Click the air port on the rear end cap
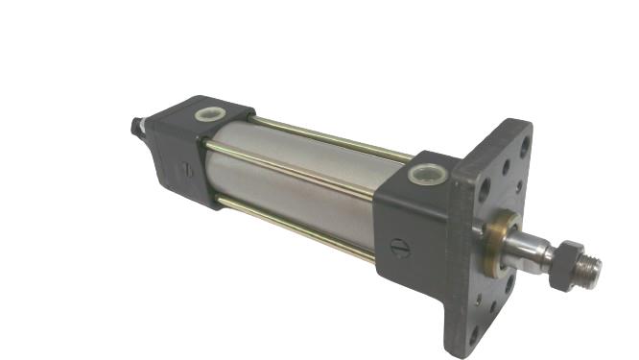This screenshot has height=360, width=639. tap(208, 114)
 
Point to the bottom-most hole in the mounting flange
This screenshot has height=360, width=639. tap(473, 332)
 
